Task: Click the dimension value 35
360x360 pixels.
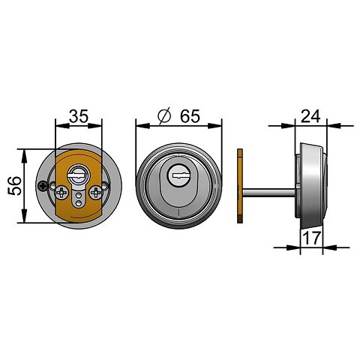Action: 79,116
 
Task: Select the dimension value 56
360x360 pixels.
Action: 15,186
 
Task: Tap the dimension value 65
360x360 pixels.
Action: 190,116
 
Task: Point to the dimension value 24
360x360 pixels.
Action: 310,116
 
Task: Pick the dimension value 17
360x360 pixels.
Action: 311,238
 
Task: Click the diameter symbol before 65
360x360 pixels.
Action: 164,115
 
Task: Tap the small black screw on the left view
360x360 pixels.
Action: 43,186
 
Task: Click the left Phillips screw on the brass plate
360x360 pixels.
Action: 61,192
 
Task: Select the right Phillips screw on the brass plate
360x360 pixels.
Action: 96,192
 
